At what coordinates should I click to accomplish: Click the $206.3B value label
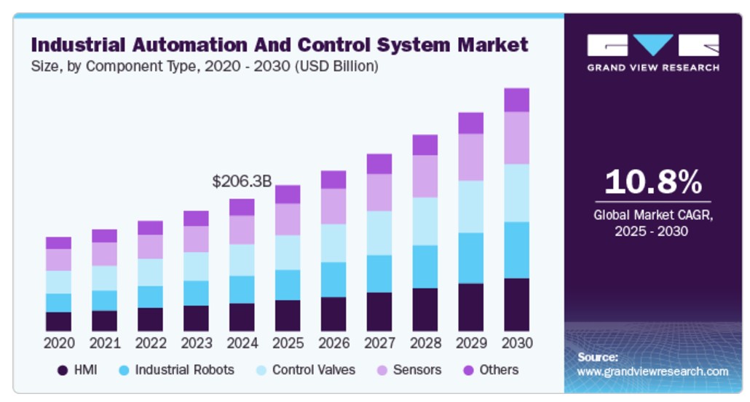coord(242,181)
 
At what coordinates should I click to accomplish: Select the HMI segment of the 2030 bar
coord(516,304)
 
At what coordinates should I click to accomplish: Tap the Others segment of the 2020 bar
coord(58,243)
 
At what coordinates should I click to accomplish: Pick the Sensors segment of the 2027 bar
coord(379,192)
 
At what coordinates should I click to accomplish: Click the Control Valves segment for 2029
coord(470,207)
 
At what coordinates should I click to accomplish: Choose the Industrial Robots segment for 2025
coord(288,285)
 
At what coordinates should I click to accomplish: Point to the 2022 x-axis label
coord(150,343)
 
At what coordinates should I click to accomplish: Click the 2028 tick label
coord(425,343)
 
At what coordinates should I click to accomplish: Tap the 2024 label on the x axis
coord(242,343)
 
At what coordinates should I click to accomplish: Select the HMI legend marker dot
coord(63,371)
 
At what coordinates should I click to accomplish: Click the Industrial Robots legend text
coord(185,370)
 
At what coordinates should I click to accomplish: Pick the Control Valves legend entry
coord(314,370)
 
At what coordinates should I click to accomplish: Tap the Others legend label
coord(499,370)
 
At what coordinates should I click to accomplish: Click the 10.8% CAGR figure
coord(652,182)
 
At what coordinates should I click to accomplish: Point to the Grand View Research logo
coord(652,51)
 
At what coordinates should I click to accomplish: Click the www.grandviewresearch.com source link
coord(652,371)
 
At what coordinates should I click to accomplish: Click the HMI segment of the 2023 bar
coord(196,318)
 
